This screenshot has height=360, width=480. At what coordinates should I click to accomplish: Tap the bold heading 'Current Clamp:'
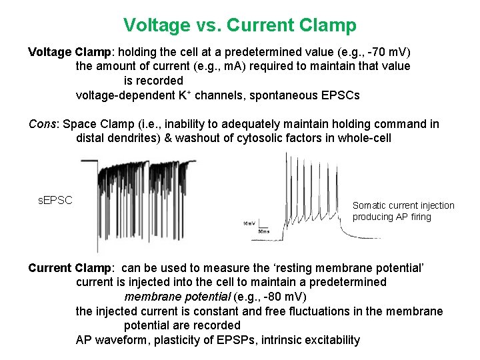pos(69,268)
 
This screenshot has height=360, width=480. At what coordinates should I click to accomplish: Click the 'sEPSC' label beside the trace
pos(55,200)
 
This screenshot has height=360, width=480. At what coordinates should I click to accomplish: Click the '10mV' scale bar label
pos(248,223)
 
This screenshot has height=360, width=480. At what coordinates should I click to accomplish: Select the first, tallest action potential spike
pos(287,173)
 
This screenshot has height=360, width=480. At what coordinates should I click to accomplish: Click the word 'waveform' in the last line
pos(117,340)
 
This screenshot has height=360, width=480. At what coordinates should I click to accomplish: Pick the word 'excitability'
pos(332,340)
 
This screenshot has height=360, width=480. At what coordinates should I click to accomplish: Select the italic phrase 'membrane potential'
pos(173,296)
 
